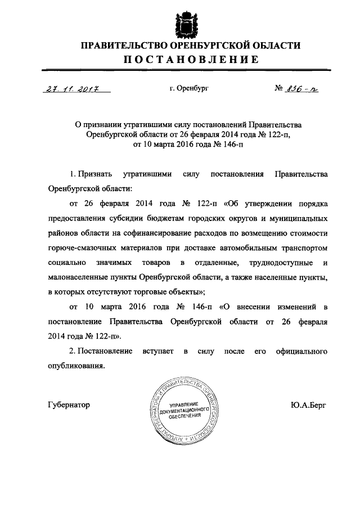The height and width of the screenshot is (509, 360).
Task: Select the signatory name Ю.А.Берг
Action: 309,404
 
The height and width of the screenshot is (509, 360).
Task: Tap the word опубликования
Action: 76,366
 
